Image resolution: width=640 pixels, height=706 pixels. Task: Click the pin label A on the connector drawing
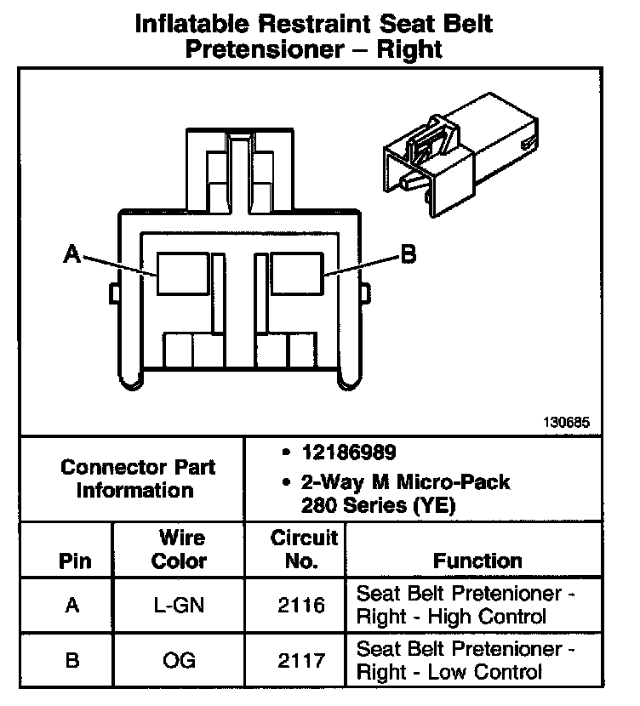[x=72, y=253]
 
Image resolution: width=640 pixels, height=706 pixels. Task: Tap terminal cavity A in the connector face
[x=182, y=274]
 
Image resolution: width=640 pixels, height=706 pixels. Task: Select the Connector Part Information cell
[x=138, y=479]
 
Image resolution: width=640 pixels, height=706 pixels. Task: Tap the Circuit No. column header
[x=304, y=549]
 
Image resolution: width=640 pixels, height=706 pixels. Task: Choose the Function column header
[x=477, y=561]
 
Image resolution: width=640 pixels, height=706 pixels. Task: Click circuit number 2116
[x=303, y=605]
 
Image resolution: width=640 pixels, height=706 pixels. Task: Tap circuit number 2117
[x=303, y=661]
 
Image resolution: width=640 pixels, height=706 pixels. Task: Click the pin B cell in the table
[x=73, y=661]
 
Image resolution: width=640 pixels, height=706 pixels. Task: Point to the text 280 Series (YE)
[x=378, y=505]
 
